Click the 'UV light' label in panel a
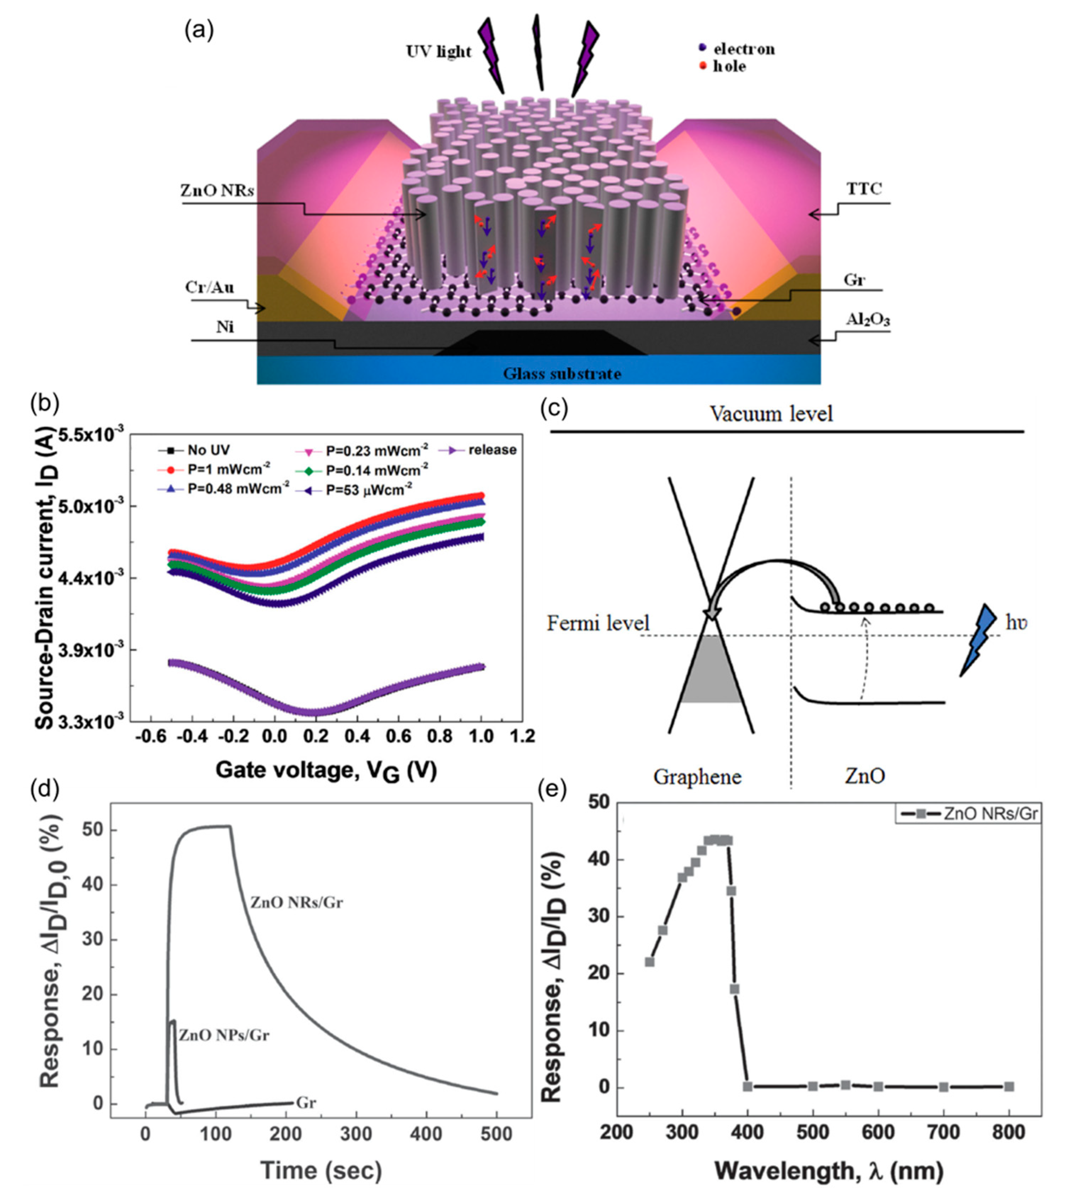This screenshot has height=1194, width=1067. [x=439, y=52]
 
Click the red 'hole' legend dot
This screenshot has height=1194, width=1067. [x=703, y=66]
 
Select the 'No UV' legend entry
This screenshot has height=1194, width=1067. [x=194, y=450]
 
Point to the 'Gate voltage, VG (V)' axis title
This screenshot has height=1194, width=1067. [x=326, y=770]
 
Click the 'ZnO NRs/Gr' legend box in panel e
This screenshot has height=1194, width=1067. [x=968, y=814]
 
